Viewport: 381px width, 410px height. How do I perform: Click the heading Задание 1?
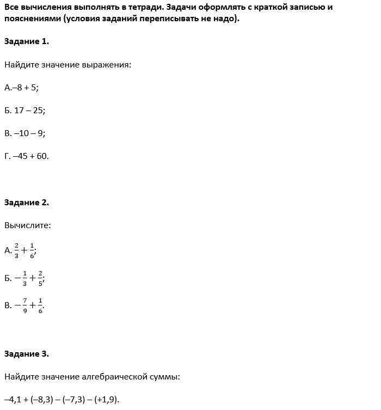click(26, 41)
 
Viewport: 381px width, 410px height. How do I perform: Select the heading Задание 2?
click(26, 203)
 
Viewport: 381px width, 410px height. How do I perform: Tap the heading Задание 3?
click(26, 354)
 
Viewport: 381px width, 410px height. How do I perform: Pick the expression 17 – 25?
click(29, 110)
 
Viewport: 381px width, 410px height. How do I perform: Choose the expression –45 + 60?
click(30, 156)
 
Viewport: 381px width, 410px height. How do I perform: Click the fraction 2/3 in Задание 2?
click(17, 250)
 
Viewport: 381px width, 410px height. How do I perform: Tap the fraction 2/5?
click(40, 278)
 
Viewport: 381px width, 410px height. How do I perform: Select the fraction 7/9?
click(24, 305)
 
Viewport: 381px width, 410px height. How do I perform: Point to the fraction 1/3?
click(24, 278)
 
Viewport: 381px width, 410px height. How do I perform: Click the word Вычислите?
click(28, 225)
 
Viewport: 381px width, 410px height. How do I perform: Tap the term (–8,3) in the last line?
click(45, 400)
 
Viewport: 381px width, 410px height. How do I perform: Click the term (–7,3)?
click(75, 400)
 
